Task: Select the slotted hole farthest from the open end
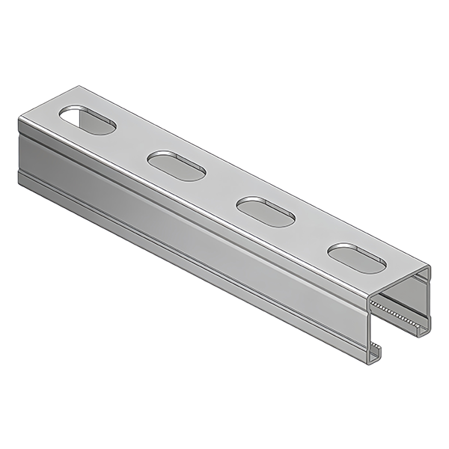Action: (x=88, y=120)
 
